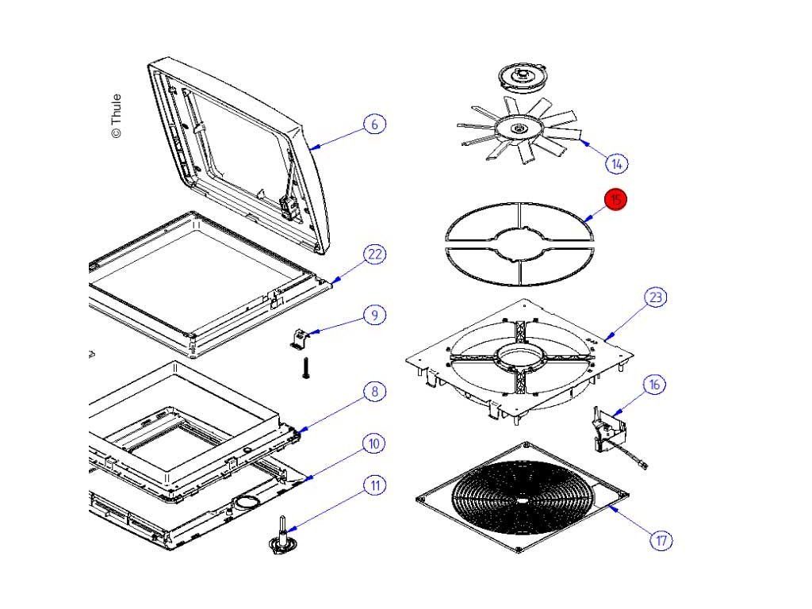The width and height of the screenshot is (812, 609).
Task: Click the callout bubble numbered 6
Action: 375,124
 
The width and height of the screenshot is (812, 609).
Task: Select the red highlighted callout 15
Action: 615,200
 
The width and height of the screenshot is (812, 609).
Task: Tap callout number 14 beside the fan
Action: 616,163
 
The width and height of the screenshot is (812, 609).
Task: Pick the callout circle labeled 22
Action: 374,255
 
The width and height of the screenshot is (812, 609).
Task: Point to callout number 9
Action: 374,315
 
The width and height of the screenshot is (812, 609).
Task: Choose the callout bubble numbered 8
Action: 374,391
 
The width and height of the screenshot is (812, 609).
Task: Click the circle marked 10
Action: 374,443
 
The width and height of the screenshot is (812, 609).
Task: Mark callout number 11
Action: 374,485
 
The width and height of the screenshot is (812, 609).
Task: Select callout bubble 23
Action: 655,297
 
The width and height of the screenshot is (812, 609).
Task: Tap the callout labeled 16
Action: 654,385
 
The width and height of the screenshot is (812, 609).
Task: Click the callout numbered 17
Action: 661,541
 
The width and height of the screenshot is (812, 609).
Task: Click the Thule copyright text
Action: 116,116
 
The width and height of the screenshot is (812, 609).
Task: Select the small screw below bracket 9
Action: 304,367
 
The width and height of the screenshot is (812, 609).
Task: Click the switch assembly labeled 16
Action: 607,431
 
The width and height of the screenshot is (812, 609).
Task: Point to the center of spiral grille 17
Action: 523,500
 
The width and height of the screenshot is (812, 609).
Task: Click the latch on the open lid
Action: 289,208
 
